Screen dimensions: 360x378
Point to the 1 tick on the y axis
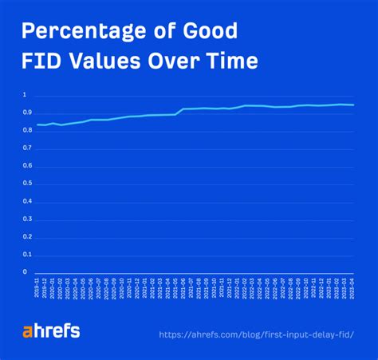(x=25, y=96)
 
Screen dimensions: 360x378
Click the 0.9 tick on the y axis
(x=26, y=113)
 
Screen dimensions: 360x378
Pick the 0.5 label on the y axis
(x=26, y=184)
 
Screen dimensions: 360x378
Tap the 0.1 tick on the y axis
(x=26, y=255)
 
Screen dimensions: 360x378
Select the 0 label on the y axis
(x=25, y=272)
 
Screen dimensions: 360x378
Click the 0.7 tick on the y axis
(x=26, y=148)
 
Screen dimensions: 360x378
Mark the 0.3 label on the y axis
(x=26, y=220)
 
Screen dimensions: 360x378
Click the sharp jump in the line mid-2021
(x=179, y=112)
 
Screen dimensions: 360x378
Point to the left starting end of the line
(x=37, y=125)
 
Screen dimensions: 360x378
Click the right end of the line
(x=354, y=105)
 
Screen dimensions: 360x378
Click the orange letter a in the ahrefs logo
(x=27, y=330)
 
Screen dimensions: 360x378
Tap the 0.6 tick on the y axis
(x=26, y=166)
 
